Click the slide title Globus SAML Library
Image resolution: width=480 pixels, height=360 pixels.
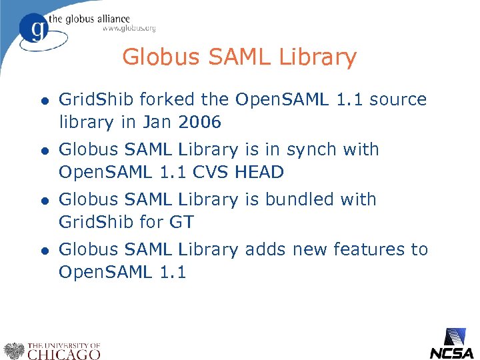pos(239,57)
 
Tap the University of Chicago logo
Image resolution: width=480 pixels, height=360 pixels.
pos(52,350)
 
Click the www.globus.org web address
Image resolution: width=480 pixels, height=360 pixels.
pos(129,28)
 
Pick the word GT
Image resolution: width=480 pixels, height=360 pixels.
pos(181,223)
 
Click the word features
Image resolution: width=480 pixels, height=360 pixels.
pos(369,249)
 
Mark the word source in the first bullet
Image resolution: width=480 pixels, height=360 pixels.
pos(397,100)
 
